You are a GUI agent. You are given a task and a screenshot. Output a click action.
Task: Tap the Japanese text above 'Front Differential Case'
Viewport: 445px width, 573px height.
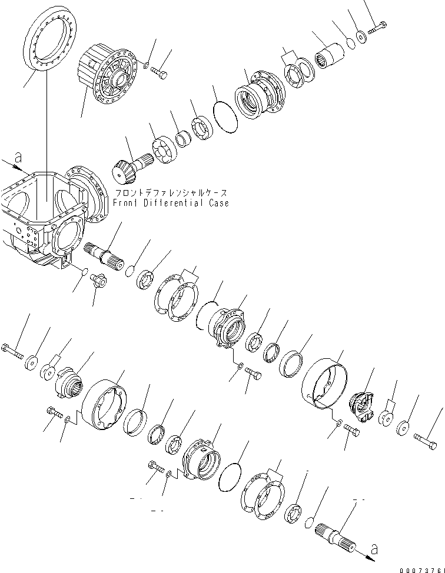(x=170, y=193)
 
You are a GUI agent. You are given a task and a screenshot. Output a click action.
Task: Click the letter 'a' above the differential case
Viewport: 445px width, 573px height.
(x=18, y=157)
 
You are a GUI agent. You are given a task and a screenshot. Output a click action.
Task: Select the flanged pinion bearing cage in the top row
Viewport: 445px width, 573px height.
(x=259, y=98)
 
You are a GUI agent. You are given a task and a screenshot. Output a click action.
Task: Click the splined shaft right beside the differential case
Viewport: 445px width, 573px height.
(x=104, y=254)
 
